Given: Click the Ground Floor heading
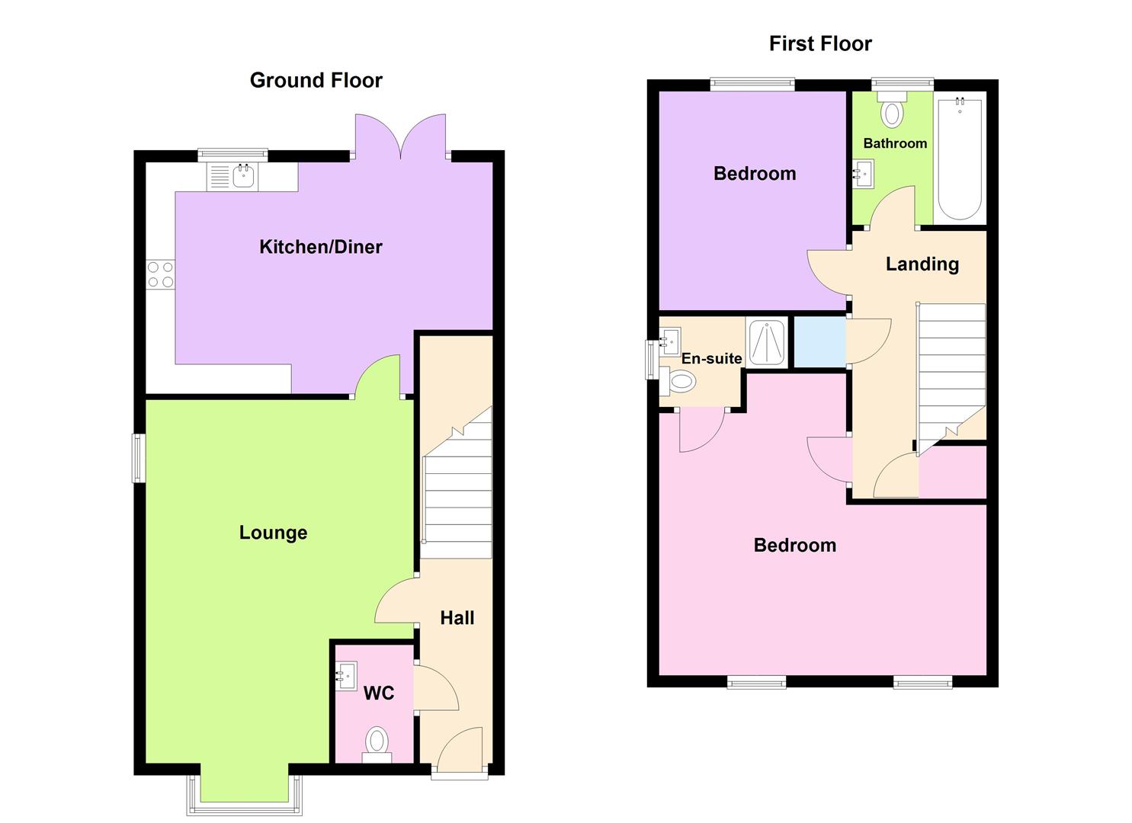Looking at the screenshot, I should [x=316, y=80].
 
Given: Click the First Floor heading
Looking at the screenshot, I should [x=819, y=44].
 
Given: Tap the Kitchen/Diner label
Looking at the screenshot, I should [x=320, y=247].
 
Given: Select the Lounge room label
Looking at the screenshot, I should [x=273, y=533].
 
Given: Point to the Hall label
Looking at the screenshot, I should [x=457, y=618].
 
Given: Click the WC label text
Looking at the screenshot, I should [x=379, y=693].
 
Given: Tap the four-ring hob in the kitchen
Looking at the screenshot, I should [x=160, y=274].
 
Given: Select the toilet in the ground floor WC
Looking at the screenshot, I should [x=377, y=741].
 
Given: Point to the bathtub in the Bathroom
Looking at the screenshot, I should [x=959, y=158].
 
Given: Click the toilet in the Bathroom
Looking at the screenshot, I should [x=891, y=110].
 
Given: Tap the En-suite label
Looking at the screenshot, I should [x=711, y=358].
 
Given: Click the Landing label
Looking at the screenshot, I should [x=922, y=264].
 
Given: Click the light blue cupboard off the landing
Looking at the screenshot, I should [x=819, y=342].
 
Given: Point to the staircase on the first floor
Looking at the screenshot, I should [x=951, y=373].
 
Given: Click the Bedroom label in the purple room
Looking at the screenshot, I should [x=754, y=174].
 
